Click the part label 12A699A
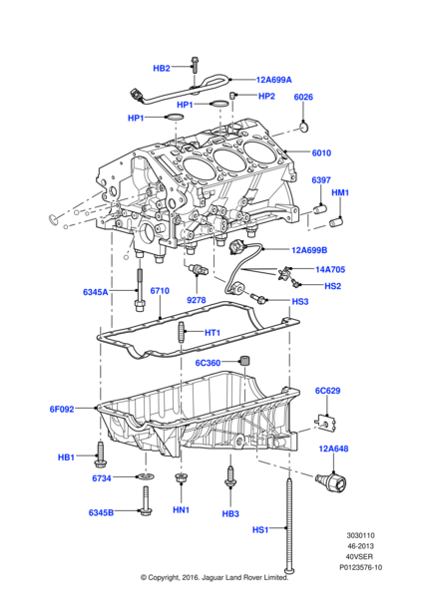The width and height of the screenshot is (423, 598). pos(274,79)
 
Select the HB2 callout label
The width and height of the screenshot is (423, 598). pos(162,68)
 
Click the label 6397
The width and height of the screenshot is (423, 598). pos(320,180)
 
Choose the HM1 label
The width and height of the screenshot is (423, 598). pos(340,192)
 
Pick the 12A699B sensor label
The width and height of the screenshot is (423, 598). pos(316,250)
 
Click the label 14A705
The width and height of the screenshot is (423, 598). pos(328,269)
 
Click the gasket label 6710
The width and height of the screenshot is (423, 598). pos(161,291)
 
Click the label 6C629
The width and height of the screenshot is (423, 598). pos(328,391)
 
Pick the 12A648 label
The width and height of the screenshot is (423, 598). pos(335,449)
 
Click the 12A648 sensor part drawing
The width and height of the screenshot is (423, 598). pos(331,483)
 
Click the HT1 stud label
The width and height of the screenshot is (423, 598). pos(211,333)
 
